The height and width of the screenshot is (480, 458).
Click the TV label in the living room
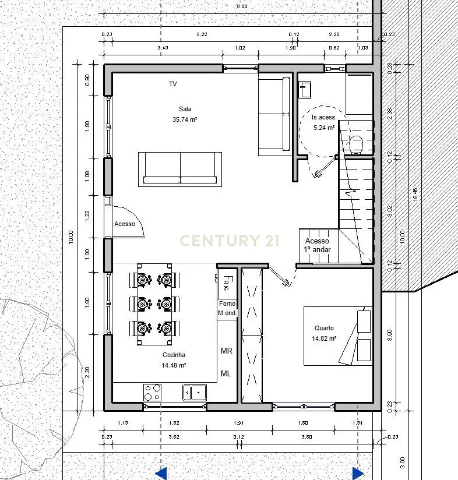point(173,84)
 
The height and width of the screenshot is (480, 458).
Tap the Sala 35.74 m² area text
point(185,114)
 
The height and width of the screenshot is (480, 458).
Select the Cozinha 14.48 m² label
point(174,360)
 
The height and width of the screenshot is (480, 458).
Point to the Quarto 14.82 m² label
point(324,333)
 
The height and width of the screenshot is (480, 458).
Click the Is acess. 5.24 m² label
point(324,122)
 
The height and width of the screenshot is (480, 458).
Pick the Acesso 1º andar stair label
point(317,245)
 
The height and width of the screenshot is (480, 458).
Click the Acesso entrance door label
point(125,224)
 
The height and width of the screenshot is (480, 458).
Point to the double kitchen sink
point(195,393)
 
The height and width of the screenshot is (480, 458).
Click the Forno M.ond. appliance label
point(227,308)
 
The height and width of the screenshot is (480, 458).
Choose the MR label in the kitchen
point(226,351)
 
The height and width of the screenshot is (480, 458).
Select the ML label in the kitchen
point(226,373)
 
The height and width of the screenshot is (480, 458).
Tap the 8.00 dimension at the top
point(242,6)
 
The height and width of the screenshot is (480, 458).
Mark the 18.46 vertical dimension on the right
point(415,195)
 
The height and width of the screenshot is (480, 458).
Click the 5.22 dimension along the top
point(202,35)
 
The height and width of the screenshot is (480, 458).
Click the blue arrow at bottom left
point(161,473)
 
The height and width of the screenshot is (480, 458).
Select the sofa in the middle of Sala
point(180,169)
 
